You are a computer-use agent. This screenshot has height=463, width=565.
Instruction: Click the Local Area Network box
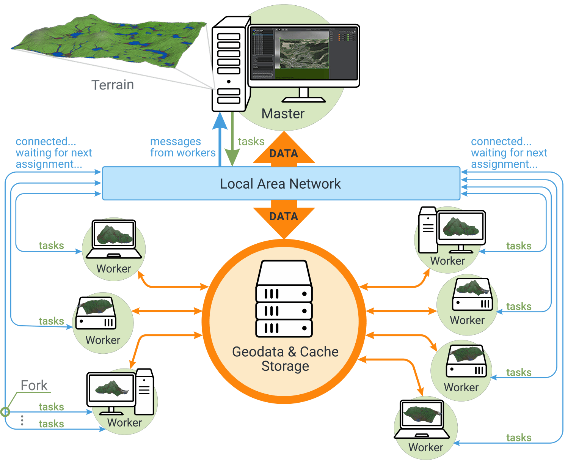pyautogui.click(x=281, y=184)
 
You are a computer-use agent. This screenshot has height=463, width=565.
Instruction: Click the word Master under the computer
pyautogui.click(x=283, y=113)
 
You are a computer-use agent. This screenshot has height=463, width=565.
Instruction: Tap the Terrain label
pyautogui.click(x=113, y=85)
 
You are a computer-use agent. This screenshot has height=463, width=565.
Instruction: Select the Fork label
pyautogui.click(x=34, y=386)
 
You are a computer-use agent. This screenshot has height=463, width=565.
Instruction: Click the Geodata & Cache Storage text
pyautogui.click(x=285, y=359)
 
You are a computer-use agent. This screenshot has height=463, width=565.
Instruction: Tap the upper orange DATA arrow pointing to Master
pyautogui.click(x=284, y=150)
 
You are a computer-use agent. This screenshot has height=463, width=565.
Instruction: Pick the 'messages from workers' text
pyautogui.click(x=182, y=147)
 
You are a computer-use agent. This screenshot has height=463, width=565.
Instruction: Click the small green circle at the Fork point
pyautogui.click(x=5, y=412)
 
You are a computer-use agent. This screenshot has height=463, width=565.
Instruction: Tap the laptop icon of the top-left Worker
pyautogui.click(x=114, y=239)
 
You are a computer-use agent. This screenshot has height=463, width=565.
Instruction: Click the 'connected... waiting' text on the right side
pyautogui.click(x=508, y=153)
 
